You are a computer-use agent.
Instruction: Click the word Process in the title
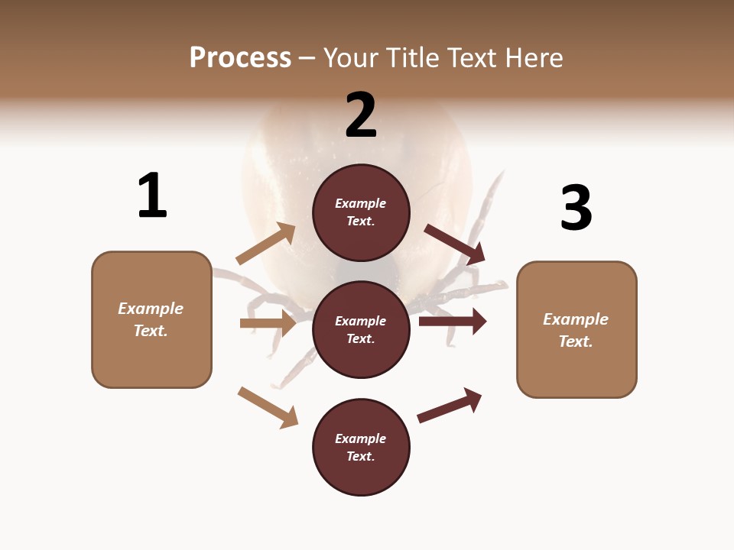coord(240,58)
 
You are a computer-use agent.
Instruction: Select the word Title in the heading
coord(412,58)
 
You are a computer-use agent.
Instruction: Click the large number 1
coord(152,196)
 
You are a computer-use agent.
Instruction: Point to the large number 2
coord(361,115)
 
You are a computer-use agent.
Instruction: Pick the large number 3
coord(576,208)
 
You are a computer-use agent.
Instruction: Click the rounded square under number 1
coord(151,319)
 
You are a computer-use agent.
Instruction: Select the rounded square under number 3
coord(576,330)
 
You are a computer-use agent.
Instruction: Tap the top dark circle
coord(361,212)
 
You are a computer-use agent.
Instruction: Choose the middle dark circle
coord(361,330)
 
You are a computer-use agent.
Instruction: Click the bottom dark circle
coord(361,448)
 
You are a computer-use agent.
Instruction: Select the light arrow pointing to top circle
coord(266,244)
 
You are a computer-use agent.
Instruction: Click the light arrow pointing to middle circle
coord(268,323)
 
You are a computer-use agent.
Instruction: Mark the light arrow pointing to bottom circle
coord(268,407)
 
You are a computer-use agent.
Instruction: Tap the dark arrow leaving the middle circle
coord(453,321)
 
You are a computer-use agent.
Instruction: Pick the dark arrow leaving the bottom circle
coord(450,405)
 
